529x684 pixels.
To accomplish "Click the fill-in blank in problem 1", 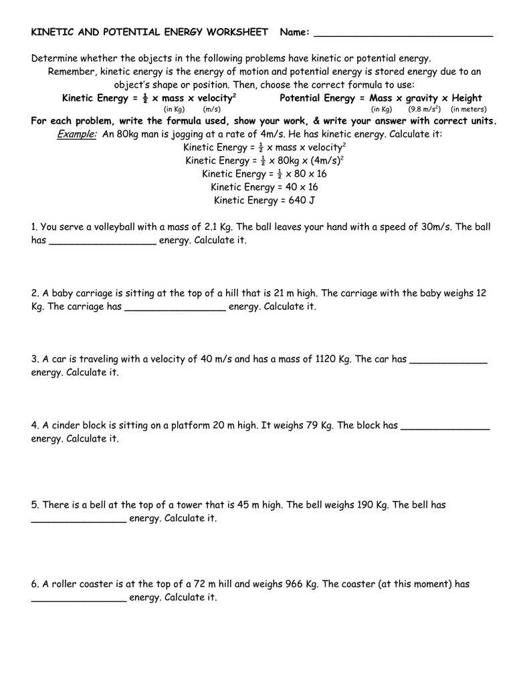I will (x=103, y=242).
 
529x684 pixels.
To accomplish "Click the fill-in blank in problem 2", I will (x=175, y=308).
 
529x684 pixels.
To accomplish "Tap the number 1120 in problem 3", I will (x=324, y=359).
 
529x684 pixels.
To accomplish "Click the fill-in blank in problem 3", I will (x=448, y=361).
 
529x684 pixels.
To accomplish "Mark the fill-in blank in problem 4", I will (x=445, y=427).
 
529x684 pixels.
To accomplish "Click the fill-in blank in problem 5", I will (x=79, y=520).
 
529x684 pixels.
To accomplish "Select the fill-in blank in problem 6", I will (x=79, y=599).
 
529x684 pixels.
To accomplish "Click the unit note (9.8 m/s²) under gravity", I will (x=424, y=109).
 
